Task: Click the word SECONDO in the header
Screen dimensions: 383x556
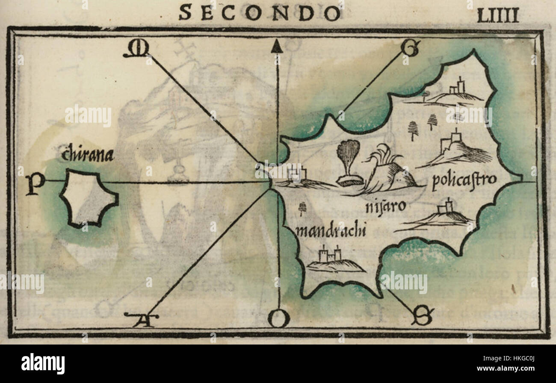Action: (x=260, y=12)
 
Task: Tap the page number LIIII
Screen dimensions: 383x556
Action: (x=497, y=15)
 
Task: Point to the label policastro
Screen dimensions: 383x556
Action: (x=464, y=180)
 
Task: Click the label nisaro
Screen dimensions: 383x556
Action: (x=385, y=207)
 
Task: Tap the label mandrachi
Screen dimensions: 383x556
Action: (x=331, y=231)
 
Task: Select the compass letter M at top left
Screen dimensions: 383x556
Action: (x=136, y=50)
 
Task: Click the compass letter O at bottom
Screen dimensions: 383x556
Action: (x=279, y=319)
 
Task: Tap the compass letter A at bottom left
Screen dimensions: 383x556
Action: (x=141, y=319)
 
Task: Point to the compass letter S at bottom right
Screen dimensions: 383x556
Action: (x=423, y=316)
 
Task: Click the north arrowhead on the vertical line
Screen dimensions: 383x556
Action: (x=277, y=46)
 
